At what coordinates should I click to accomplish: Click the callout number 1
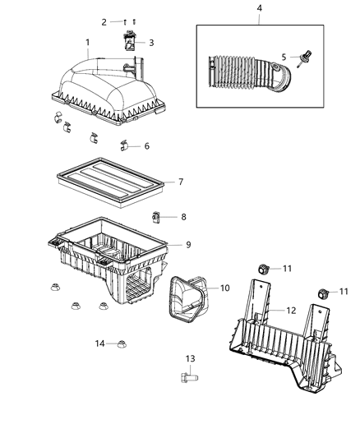tap(88, 42)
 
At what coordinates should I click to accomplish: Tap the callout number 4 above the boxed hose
tap(259, 8)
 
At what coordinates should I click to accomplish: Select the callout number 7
tap(181, 182)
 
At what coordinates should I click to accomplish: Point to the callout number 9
tap(188, 245)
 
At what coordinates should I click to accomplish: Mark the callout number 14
tap(99, 343)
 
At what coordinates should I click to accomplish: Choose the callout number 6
tap(147, 147)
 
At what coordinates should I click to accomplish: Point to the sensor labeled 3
tap(131, 41)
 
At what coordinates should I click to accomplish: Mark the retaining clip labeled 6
tap(126, 148)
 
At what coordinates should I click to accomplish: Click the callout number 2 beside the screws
tap(104, 21)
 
